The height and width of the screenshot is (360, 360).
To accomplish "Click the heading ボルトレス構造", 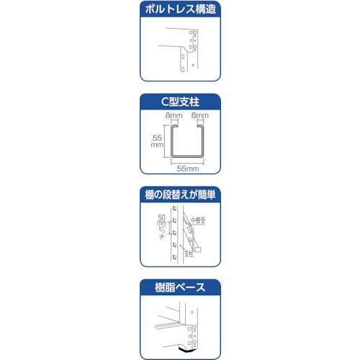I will coord(180,10).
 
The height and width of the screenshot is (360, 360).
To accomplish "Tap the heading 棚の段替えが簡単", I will coord(180,194).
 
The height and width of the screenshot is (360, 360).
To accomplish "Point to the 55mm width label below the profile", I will coord(189,167).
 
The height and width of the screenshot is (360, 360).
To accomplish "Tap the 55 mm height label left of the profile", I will coord(157,140).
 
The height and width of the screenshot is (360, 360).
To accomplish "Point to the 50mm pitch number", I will coord(161,220).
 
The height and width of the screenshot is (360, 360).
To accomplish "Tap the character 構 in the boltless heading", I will coord(200,10).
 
